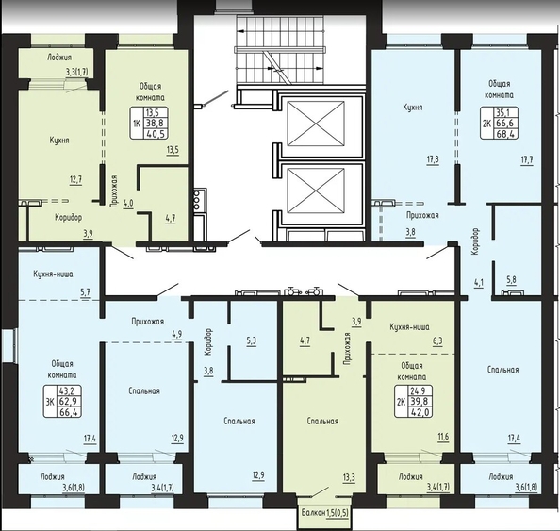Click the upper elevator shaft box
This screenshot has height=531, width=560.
pyautogui.click(x=316, y=124)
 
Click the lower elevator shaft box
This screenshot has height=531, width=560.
pyautogui.click(x=316, y=191)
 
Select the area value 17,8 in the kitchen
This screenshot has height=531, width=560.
pyautogui.click(x=433, y=159)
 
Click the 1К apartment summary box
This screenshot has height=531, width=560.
pyautogui.click(x=149, y=123)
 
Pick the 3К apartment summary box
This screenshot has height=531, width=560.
pyautogui.click(x=62, y=401)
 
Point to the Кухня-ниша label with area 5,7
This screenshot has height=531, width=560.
pyautogui.click(x=53, y=274)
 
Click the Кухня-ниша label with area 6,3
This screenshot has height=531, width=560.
pyautogui.click(x=409, y=327)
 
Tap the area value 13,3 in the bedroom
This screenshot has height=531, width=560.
pyautogui.click(x=349, y=478)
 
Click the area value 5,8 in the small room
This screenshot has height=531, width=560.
pyautogui.click(x=511, y=280)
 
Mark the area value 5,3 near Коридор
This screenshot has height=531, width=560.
pyautogui.click(x=251, y=340)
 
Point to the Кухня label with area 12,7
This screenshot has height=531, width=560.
pyautogui.click(x=59, y=141)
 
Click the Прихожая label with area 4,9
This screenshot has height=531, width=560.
pyautogui.click(x=147, y=322)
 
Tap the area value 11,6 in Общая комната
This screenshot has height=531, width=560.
pyautogui.click(x=442, y=437)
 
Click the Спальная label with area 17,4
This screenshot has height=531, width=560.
pyautogui.click(x=502, y=370)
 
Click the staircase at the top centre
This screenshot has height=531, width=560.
pyautogui.click(x=280, y=50)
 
